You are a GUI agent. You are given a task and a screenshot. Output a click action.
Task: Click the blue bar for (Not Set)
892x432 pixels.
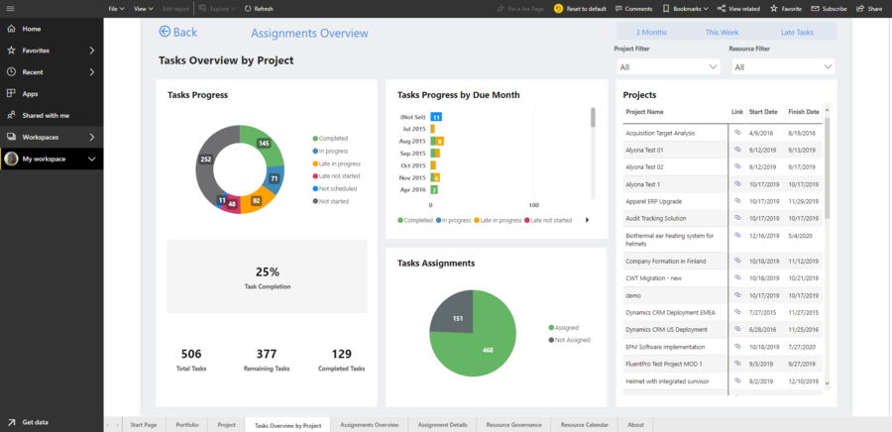click(x=436, y=117)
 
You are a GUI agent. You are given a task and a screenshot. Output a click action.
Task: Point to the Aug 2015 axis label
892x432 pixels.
click(x=412, y=141)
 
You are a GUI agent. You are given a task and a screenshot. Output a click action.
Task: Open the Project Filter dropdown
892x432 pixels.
click(x=668, y=67)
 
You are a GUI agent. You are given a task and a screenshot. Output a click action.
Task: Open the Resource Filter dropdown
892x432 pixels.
click(x=783, y=67)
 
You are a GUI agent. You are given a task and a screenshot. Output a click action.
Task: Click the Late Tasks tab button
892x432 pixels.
click(x=796, y=33)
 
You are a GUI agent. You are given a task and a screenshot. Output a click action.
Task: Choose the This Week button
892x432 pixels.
click(x=721, y=33)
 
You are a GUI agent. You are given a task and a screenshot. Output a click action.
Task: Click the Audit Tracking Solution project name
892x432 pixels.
click(x=656, y=218)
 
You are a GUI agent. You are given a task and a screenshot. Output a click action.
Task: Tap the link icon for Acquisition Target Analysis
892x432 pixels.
click(x=736, y=133)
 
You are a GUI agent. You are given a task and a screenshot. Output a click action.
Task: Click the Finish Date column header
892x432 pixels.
click(x=803, y=112)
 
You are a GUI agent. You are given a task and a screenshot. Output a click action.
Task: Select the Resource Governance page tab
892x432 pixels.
click(x=513, y=424)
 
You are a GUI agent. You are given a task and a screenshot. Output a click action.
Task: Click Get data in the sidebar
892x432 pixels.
click(x=35, y=421)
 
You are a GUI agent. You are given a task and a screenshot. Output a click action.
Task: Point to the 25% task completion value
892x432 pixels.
click(x=267, y=271)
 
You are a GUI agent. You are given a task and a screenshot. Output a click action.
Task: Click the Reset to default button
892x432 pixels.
click(x=580, y=8)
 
